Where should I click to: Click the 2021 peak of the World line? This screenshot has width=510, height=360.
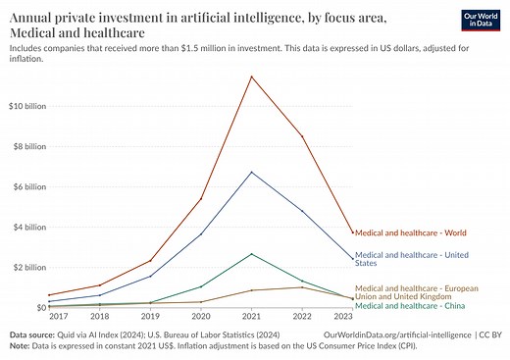tap(252, 77)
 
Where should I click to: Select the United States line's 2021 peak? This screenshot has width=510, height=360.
tap(252, 172)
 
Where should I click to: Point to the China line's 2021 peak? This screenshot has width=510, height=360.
tap(252, 253)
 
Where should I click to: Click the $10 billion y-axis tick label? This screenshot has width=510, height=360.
tap(25, 106)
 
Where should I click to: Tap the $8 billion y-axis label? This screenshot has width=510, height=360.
tap(27, 146)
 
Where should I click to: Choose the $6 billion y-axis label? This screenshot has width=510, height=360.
tap(27, 186)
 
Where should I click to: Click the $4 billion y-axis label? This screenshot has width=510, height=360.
tap(27, 227)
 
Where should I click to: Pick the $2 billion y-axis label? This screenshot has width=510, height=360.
tap(27, 267)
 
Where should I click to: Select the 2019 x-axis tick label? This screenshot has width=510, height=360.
tap(150, 317)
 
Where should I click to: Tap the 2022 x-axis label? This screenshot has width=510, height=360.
tap(302, 317)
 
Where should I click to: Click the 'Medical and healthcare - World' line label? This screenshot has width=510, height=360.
tap(410, 232)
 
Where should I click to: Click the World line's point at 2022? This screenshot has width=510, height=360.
tap(302, 136)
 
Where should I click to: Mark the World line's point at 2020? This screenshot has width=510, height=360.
tap(201, 198)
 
